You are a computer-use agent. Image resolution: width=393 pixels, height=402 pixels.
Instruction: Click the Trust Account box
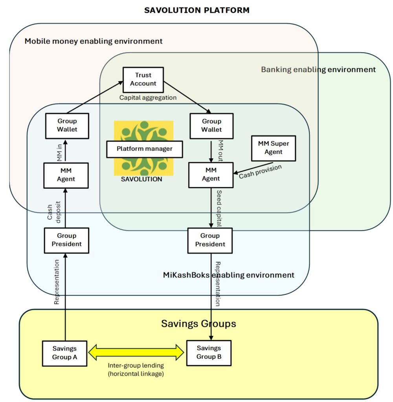(143, 80)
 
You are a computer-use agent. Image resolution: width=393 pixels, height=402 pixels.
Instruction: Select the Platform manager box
(145, 149)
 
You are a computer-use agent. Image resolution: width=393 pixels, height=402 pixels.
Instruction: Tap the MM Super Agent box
(273, 148)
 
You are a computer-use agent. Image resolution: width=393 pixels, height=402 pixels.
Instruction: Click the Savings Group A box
(64, 353)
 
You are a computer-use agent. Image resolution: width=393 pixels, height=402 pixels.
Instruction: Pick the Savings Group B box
(209, 353)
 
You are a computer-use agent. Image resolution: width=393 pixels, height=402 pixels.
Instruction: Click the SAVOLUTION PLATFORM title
(196, 10)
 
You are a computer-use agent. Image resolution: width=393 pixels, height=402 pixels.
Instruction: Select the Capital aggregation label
(148, 98)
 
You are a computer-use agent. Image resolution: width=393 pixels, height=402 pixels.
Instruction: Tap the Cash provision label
(260, 172)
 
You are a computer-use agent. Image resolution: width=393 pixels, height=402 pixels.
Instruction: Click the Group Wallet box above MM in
(67, 126)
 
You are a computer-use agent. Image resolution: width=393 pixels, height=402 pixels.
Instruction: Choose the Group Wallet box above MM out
(211, 126)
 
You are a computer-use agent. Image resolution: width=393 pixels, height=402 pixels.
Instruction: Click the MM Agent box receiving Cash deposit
(65, 175)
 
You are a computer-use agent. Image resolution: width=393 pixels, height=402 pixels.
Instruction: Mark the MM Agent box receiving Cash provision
(211, 175)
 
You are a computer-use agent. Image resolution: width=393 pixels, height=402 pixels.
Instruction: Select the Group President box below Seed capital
(210, 240)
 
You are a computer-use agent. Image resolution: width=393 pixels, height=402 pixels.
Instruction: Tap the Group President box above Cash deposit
(66, 240)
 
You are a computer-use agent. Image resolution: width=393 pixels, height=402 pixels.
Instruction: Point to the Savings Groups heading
(198, 324)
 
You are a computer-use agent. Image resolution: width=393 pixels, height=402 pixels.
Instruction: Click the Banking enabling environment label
(318, 69)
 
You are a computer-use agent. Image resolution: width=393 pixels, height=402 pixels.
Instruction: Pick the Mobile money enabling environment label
(94, 41)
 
